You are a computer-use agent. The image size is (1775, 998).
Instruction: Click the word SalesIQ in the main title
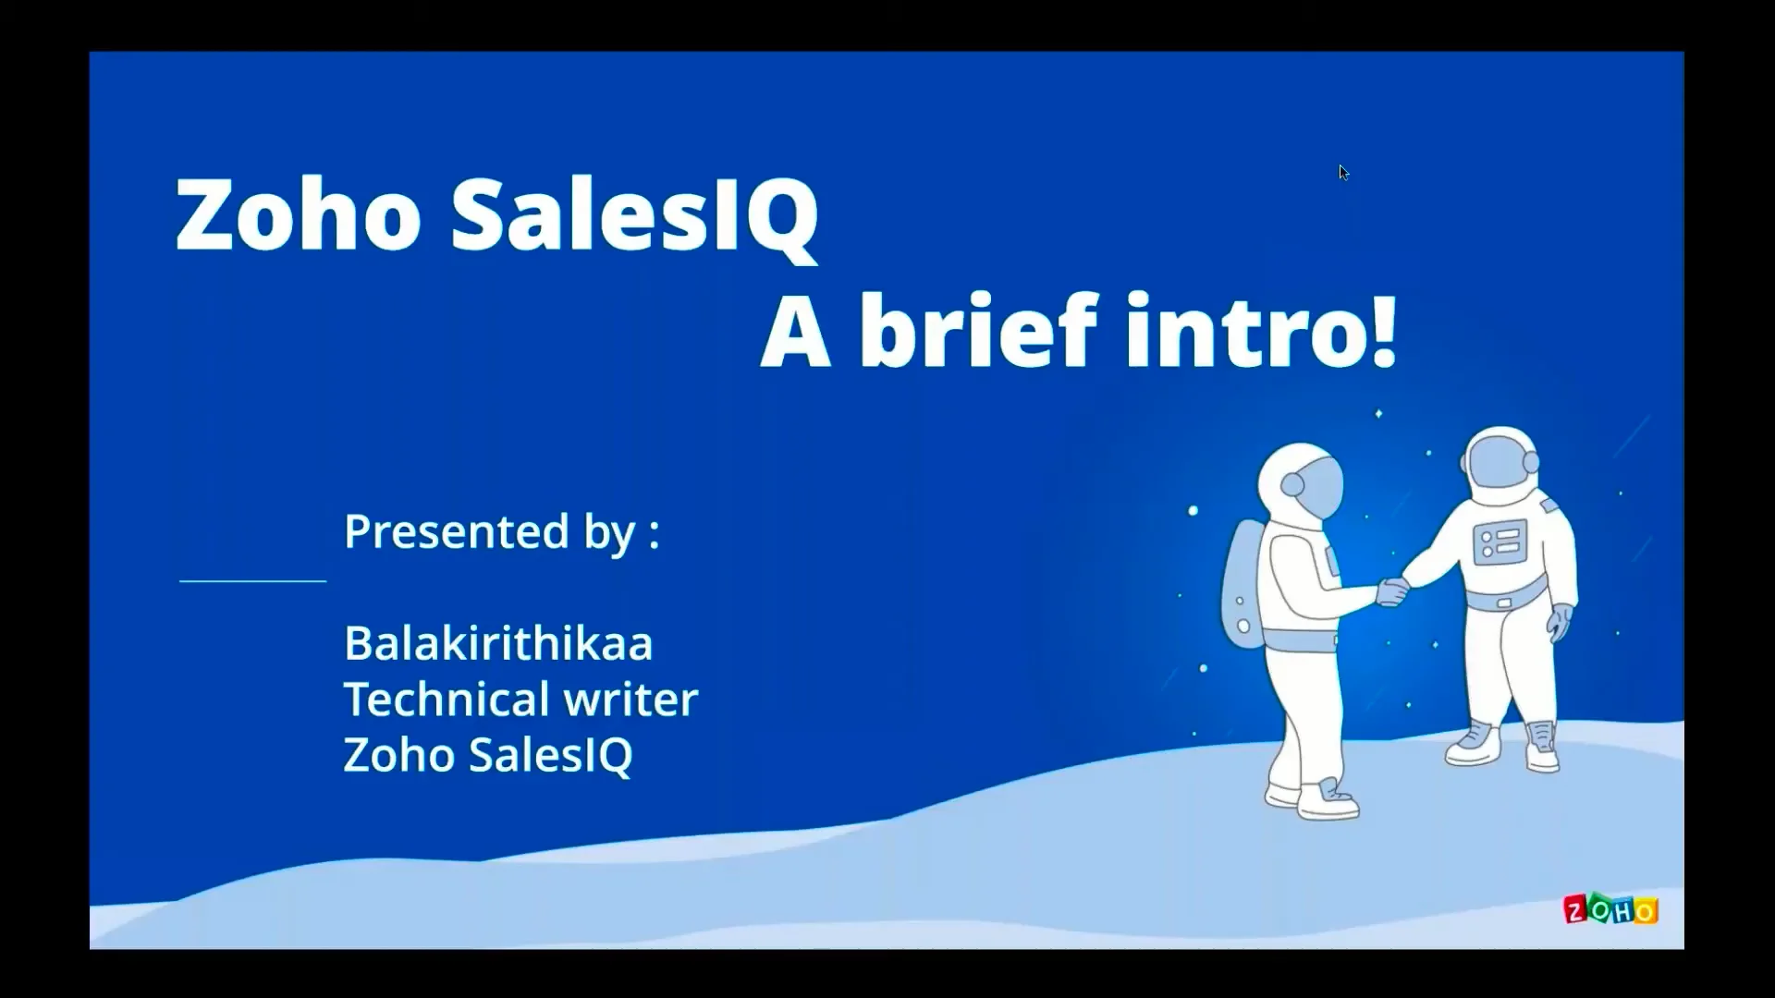point(634,214)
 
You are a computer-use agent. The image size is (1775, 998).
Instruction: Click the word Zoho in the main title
point(298,214)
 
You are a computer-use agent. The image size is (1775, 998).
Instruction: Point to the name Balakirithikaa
point(497,643)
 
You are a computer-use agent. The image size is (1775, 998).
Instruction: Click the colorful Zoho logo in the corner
point(1610,910)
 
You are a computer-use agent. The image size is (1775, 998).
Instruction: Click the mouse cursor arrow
point(1343,173)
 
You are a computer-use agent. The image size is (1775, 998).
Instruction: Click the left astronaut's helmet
point(1299,481)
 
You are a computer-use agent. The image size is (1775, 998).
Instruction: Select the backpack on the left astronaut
point(1242,582)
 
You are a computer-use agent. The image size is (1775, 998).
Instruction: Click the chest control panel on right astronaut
point(1499,542)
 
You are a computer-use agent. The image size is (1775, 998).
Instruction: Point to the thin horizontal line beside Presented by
point(252,581)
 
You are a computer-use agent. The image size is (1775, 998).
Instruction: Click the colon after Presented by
point(655,534)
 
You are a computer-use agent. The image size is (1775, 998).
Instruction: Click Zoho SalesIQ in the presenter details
point(487,755)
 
